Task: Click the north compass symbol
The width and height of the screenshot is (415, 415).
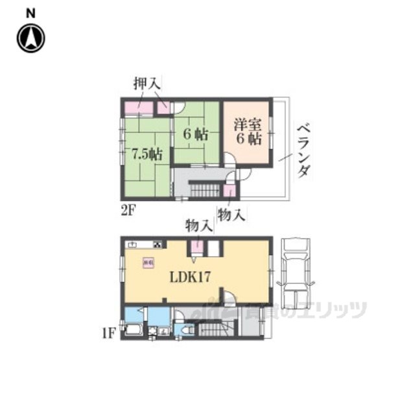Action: tap(30, 38)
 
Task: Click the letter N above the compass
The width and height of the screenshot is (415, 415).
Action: tap(30, 12)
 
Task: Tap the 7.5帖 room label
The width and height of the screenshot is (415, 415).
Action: tap(148, 154)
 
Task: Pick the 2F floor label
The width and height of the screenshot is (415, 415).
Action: tap(128, 209)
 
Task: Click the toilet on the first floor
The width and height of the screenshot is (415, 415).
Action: tap(185, 330)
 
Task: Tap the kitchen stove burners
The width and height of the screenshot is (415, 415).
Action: tap(158, 244)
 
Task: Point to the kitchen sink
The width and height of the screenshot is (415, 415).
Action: tap(134, 244)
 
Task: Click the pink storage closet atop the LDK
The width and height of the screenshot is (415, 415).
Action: tap(196, 247)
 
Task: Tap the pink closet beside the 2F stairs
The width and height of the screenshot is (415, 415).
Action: tap(230, 192)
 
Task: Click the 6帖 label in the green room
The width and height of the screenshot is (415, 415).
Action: tap(195, 136)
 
